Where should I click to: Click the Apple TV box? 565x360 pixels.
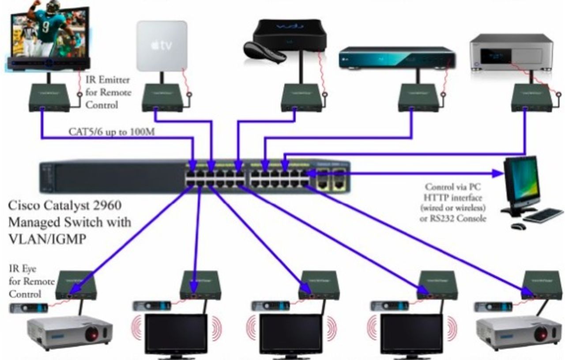pos(162,45)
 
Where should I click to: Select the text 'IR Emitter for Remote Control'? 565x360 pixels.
pos(108,92)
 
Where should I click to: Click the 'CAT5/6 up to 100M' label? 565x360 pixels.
pos(111,131)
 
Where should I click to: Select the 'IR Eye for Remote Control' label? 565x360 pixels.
pos(31,281)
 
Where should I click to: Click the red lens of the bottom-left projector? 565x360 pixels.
pos(92,334)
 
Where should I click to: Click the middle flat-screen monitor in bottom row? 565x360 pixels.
pos(290,334)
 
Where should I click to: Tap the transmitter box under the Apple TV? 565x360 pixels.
pos(162,98)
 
